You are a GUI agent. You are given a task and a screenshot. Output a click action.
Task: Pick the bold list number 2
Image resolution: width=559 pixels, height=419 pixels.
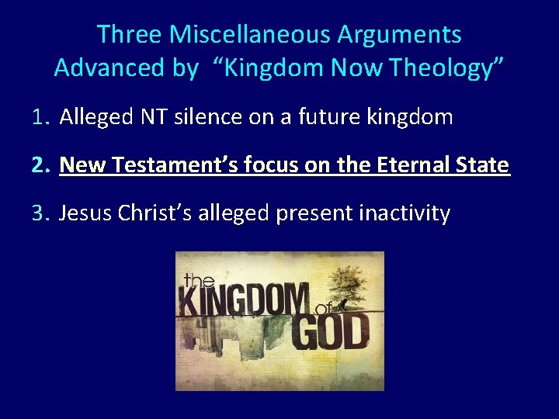pos(40,165)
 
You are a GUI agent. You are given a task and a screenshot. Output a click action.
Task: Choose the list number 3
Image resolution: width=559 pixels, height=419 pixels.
pos(40,213)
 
